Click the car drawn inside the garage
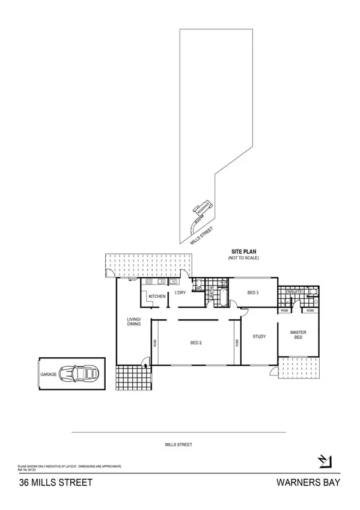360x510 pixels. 79,374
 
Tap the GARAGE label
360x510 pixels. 49,374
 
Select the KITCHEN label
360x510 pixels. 157,296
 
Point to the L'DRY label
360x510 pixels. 180,293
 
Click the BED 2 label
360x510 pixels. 195,343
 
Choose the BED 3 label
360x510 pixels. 253,293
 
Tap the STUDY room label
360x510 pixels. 259,337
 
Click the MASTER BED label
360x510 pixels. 299,334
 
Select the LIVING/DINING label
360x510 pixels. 133,322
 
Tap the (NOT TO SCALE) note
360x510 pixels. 243,258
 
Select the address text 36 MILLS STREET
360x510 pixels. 47,482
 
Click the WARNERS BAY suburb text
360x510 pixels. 308,482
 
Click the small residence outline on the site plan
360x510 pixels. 202,209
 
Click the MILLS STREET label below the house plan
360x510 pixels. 178,445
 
